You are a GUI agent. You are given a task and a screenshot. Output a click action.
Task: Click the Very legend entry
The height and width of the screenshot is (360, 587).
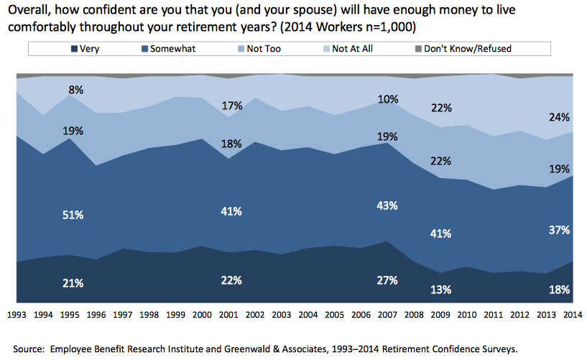pyautogui.click(x=85, y=49)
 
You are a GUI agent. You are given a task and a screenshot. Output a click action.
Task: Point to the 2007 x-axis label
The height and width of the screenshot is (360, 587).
pyautogui.click(x=388, y=314)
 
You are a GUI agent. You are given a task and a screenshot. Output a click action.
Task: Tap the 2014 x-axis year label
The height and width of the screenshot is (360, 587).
pyautogui.click(x=573, y=314)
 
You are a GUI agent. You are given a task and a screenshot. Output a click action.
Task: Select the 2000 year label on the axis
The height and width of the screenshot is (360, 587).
pyautogui.click(x=203, y=314)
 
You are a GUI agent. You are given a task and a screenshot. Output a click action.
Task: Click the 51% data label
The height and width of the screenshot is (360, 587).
pyautogui.click(x=73, y=216)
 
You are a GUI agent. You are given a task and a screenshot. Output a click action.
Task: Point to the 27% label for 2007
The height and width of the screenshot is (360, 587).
pyautogui.click(x=387, y=280)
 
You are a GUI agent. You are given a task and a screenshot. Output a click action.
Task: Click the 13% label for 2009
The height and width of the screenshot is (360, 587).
pyautogui.click(x=440, y=290)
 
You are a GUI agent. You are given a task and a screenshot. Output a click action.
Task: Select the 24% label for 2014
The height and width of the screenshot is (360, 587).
pyautogui.click(x=560, y=117)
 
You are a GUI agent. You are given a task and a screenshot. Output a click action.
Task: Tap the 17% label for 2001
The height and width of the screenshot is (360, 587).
pyautogui.click(x=231, y=106)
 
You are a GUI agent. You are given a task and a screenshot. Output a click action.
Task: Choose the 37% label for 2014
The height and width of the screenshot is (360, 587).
pyautogui.click(x=560, y=230)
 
